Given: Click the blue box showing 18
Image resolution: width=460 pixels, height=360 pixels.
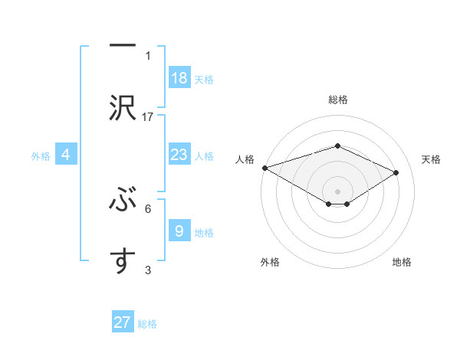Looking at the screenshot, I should click(179, 78).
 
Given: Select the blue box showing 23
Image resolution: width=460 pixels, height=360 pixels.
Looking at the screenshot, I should click(179, 155).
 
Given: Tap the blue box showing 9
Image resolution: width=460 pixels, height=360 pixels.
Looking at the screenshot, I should click(179, 231).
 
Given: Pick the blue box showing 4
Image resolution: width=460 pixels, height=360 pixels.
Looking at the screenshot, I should click(66, 155).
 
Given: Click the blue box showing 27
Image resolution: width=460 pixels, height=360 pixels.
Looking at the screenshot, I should click(123, 322).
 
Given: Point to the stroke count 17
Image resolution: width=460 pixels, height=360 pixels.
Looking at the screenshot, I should click(148, 116).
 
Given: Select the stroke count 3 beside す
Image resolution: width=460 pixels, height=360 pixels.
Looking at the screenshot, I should click(148, 269).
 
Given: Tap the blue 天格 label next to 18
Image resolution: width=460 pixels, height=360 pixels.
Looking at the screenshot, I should click(204, 79).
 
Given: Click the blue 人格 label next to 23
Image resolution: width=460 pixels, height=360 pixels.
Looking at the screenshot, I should click(204, 155).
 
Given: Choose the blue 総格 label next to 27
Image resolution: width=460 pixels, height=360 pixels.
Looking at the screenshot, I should click(147, 324).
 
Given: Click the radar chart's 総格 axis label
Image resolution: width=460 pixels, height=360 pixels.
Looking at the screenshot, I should click(337, 100).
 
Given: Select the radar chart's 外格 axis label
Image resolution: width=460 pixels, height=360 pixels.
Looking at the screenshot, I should click(270, 262).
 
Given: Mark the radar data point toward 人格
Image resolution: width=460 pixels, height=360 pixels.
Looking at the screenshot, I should click(264, 168).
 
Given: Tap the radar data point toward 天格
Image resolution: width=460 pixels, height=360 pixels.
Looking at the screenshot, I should click(396, 172).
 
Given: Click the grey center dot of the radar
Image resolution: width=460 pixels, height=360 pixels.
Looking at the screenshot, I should click(337, 191).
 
